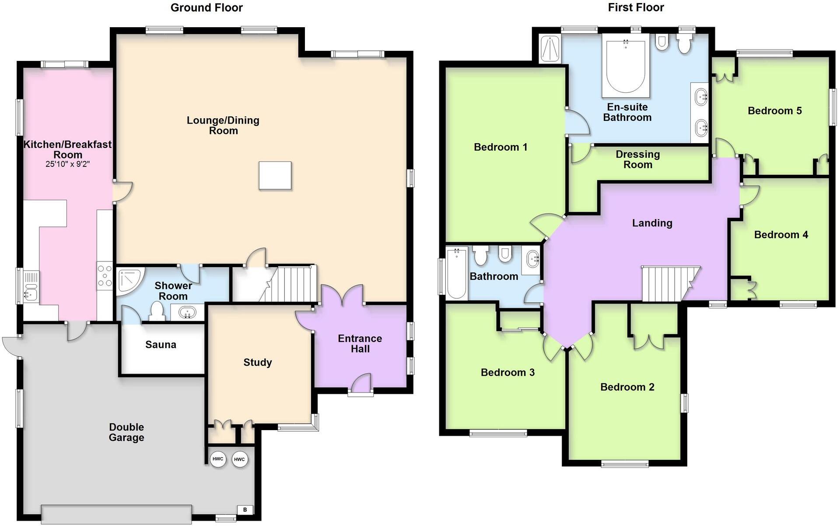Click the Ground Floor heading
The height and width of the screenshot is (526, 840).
[x=206, y=7]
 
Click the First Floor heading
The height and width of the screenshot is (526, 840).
[x=636, y=7]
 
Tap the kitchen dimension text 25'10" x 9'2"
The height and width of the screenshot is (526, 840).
[x=67, y=165]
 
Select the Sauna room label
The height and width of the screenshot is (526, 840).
[x=161, y=345]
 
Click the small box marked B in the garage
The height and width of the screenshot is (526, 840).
[x=245, y=510]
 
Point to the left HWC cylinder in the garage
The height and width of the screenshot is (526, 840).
[x=217, y=459]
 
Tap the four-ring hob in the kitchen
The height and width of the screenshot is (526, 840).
[x=105, y=276]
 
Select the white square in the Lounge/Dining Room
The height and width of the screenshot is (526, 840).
[x=275, y=176]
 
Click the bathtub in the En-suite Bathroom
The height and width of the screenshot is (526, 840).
[x=626, y=66]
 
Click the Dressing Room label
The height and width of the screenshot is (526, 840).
[x=637, y=159]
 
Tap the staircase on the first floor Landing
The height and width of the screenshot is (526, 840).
[x=667, y=283]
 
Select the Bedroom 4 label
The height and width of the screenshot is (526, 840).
[x=781, y=235]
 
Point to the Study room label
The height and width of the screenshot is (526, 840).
[x=258, y=362]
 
